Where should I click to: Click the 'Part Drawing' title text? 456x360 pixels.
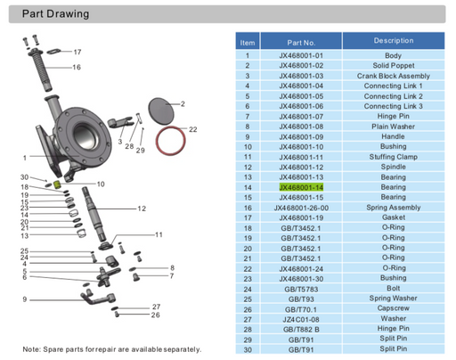pos(55,14)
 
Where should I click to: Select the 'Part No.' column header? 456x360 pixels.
pos(301,42)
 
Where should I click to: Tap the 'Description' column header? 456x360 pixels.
pos(393,41)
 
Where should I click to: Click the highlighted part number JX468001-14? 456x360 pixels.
pos(301,187)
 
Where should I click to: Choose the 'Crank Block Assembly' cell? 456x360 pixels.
pos(393,77)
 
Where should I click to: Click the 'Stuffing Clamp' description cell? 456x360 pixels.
pos(393,157)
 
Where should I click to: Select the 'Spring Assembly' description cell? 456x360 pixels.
pos(393,207)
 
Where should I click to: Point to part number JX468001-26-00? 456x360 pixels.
pos(301,208)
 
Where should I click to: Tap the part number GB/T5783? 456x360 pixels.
pos(301,289)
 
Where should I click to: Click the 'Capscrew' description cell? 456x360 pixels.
pos(393,308)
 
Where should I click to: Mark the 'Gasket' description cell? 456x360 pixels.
pos(393,217)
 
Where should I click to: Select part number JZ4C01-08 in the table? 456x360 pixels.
pos(301,318)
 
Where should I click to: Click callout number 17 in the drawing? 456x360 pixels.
pos(77,52)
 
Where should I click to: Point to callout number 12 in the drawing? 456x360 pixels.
pos(142,209)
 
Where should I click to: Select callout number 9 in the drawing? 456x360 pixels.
pos(24,299)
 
